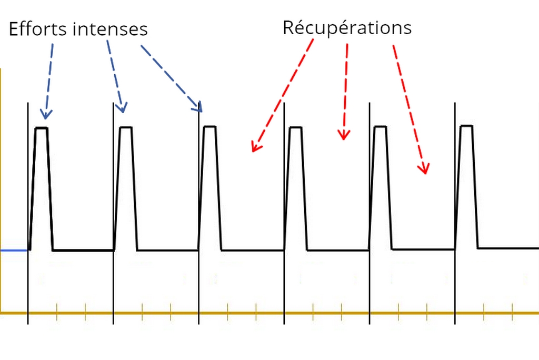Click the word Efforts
(38, 28)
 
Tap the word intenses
(110, 29)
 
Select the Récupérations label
(347, 28)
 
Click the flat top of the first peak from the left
(42, 128)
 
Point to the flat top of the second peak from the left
(126, 127)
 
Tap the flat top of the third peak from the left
(210, 127)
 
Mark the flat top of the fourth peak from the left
(296, 127)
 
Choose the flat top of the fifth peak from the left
(381, 127)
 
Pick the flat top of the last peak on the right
(466, 126)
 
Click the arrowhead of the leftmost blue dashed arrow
(46, 115)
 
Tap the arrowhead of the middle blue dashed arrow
(122, 108)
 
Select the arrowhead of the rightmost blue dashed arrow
(198, 107)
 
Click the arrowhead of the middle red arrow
(344, 135)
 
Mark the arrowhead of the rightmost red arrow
(424, 169)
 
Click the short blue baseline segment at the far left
(14, 251)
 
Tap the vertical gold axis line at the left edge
(1, 191)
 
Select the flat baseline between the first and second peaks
(83, 251)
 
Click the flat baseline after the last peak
(508, 248)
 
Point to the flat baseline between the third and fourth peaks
(253, 251)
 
